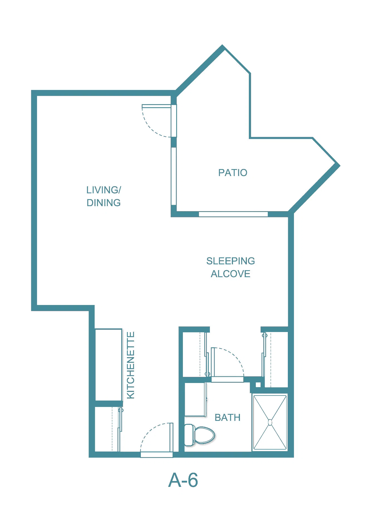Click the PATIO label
[233, 173]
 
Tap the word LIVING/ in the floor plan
[104, 190]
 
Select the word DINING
[104, 203]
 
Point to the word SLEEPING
[230, 261]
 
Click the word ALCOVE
[230, 274]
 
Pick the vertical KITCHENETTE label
[131, 365]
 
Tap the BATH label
[227, 418]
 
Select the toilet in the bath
[200, 435]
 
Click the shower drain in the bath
[270, 423]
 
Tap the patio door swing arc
[150, 127]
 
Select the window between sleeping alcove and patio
[233, 214]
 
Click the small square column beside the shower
[258, 385]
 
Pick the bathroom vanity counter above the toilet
[195, 400]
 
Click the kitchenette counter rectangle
[109, 365]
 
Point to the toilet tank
[190, 435]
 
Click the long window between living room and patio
[174, 176]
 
